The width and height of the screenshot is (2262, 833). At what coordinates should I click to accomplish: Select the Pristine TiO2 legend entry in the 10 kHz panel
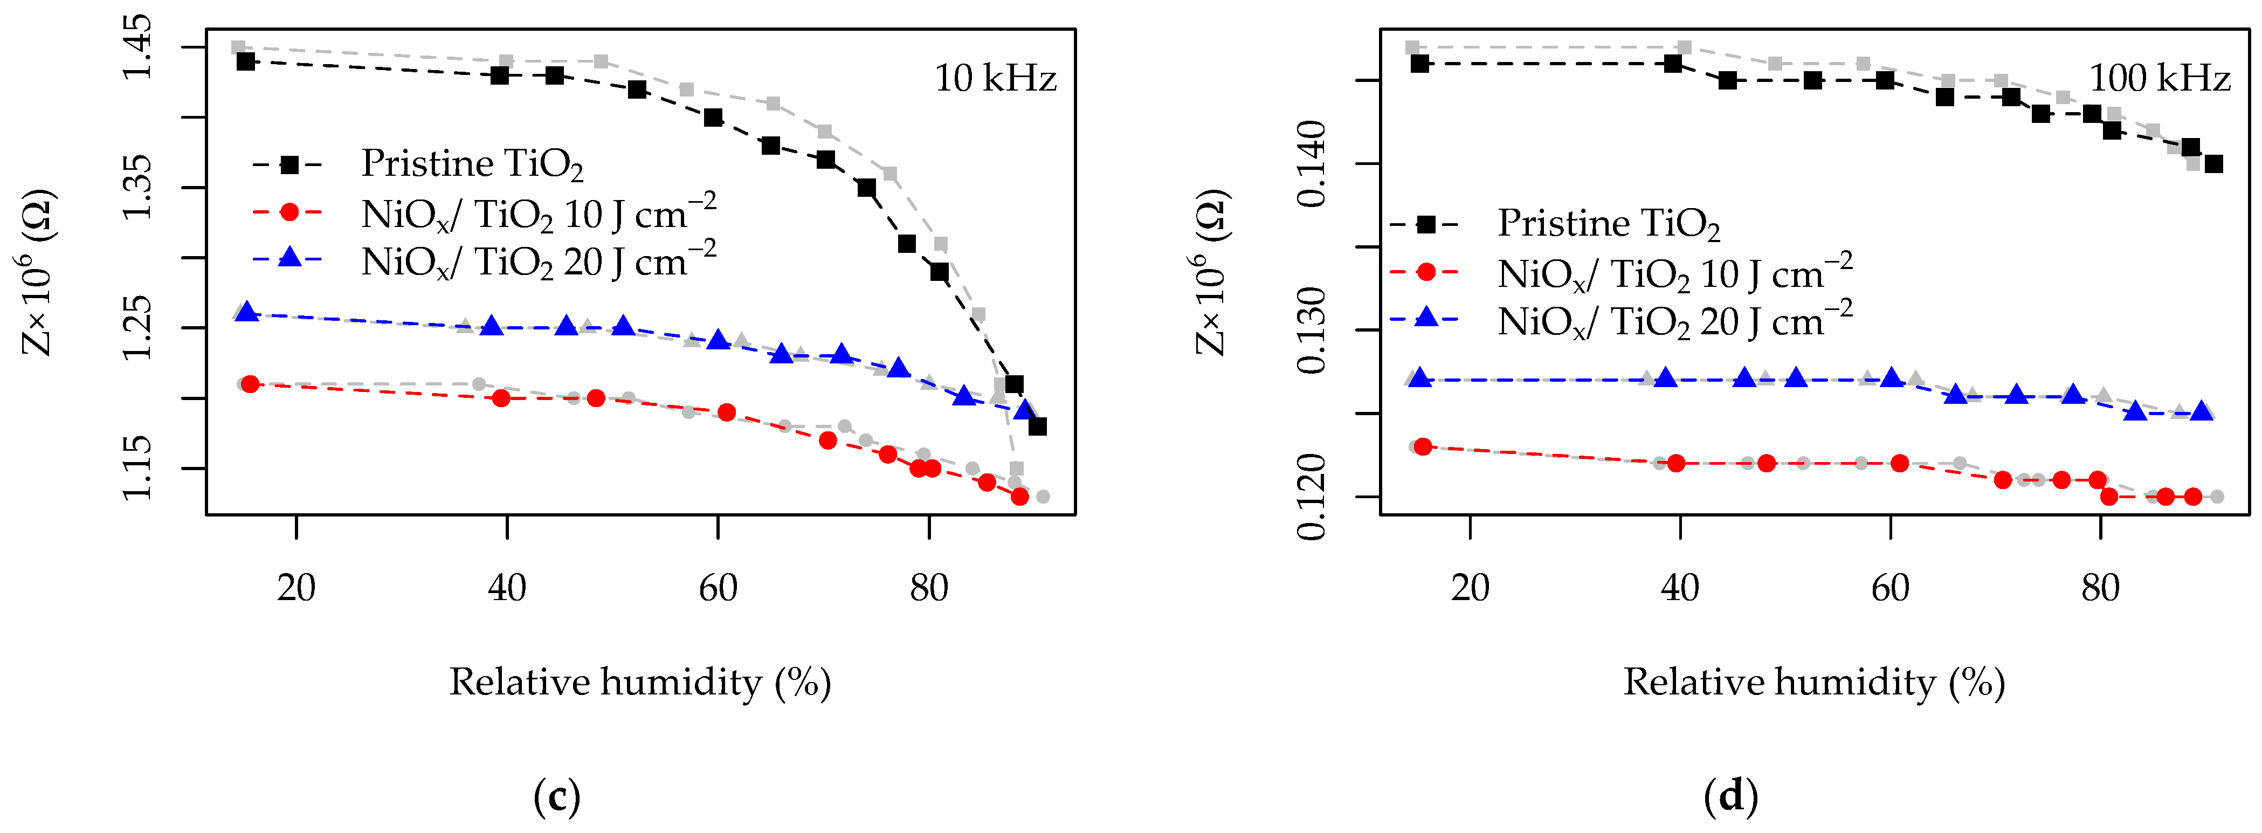point(472,164)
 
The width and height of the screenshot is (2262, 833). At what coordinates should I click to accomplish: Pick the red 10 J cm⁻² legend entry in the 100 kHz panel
point(1674,274)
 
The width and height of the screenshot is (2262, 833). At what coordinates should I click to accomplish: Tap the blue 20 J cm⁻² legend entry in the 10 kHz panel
point(537,261)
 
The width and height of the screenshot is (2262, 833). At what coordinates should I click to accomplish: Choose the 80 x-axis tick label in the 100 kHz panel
point(2100,587)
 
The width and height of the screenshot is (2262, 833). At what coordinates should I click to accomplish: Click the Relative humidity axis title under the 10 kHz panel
point(639,682)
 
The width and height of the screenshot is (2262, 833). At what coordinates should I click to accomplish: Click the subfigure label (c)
point(557,797)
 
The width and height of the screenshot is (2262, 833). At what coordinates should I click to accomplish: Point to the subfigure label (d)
point(1730,797)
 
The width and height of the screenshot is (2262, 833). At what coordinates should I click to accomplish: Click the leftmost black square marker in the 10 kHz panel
point(246,61)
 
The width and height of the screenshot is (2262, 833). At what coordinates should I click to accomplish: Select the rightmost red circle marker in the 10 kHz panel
point(1019,497)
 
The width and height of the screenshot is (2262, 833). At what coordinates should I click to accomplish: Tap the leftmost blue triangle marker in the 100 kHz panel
point(1420,379)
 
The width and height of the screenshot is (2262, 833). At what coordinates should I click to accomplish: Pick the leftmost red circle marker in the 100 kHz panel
point(1423,447)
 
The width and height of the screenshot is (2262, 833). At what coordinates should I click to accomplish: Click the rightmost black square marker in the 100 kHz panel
point(2213,164)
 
